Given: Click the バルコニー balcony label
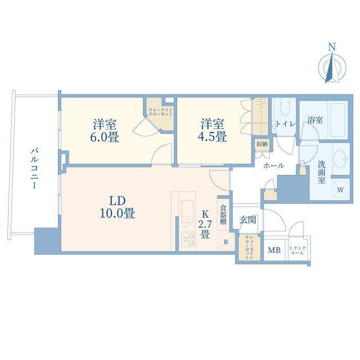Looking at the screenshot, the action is (x=34, y=169).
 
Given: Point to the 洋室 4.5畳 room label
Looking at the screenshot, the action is (x=213, y=130).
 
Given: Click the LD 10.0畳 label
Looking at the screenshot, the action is (x=118, y=207).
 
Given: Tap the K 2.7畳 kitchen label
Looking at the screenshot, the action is (x=205, y=225).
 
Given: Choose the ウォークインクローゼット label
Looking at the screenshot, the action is (x=160, y=112).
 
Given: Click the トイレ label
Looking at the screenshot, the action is (x=285, y=124).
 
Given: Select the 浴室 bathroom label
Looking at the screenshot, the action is (x=315, y=120).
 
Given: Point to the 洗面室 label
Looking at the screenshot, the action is (x=322, y=172).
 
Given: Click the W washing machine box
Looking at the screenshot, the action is (x=341, y=190).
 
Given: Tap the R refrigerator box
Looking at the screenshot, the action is (x=226, y=242).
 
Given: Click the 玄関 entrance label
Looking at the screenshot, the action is (x=247, y=220).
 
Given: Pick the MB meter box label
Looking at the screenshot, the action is (x=274, y=250).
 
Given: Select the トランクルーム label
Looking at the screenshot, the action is (x=298, y=250).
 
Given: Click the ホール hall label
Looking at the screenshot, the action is (x=274, y=165).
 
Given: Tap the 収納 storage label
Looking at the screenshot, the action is (x=262, y=144).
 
